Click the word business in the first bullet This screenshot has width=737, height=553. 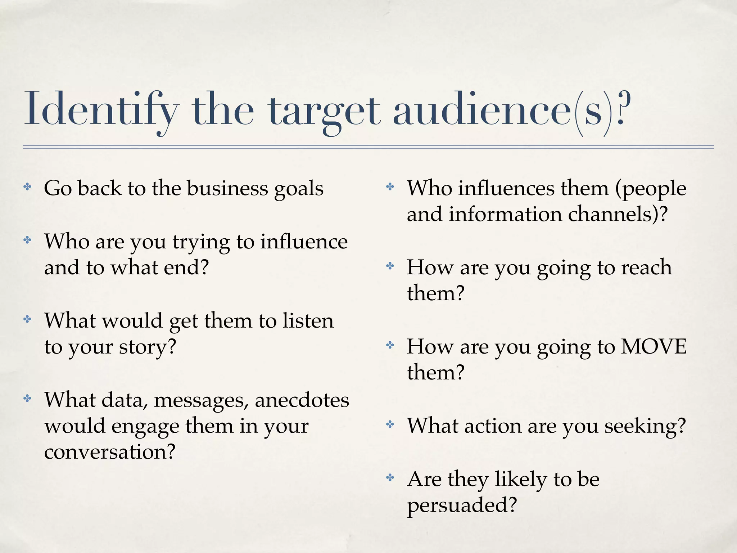point(227,188)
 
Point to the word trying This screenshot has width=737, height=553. point(201,243)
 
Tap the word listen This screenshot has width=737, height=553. point(308,321)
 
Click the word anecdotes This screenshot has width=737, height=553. point(302,400)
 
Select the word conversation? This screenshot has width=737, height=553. point(110,451)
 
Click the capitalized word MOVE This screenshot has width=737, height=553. point(654,347)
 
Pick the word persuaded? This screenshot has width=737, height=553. point(462,505)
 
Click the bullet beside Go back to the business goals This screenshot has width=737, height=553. point(27,187)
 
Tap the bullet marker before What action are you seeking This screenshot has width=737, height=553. point(390,425)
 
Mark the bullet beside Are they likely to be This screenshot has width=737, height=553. point(390,478)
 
